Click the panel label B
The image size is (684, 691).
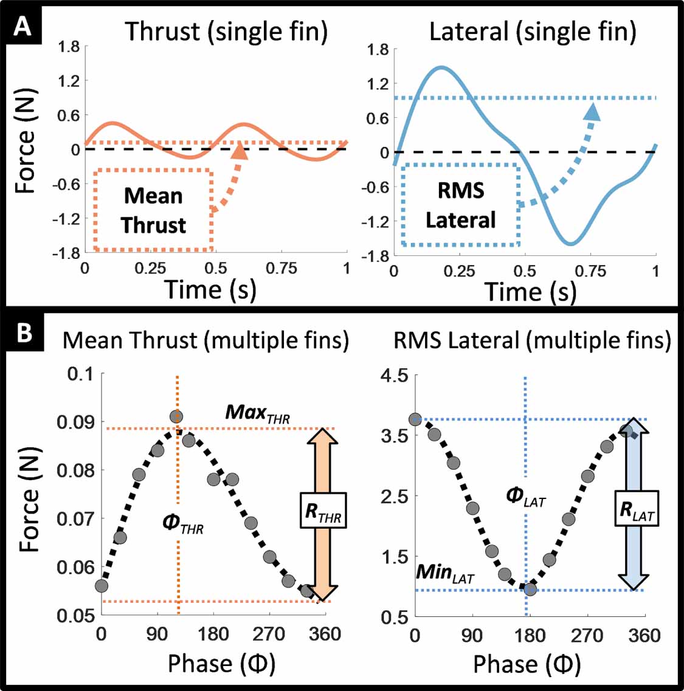coord(24,332)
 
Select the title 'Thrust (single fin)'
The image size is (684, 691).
coord(226,32)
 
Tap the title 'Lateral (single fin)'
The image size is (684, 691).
coord(533,32)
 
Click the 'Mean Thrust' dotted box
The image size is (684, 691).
coord(153,210)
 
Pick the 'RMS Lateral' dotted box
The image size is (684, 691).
coord(460,205)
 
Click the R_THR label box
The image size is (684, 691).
coord(323,511)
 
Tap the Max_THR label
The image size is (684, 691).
coord(258,413)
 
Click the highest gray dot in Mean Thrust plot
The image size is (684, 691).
coord(176,417)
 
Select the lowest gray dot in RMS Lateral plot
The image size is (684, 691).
coord(530,590)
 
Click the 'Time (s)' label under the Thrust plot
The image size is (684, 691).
coord(211,289)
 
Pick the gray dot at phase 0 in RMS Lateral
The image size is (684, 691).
coord(415,419)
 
